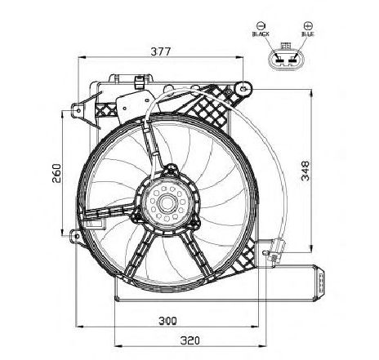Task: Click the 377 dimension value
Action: coord(161,51)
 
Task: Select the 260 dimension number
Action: coord(56,173)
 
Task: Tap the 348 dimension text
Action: coord(305,171)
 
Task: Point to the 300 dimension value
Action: coord(167,321)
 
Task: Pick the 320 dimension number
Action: coord(189,340)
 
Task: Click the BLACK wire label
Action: coord(261,34)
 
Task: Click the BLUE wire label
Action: coord(308,34)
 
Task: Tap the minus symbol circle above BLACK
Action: coord(261,26)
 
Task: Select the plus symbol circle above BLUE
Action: coord(308,26)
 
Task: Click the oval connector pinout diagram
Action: coord(284,60)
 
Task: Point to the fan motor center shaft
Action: coord(166,202)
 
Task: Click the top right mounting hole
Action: coord(243,88)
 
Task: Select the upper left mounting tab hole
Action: coord(78,110)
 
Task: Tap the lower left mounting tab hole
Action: coord(77,236)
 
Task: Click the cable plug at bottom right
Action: coord(277,250)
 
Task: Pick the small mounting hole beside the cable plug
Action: coord(265,253)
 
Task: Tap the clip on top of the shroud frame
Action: coord(139,82)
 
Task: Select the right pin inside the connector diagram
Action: coord(292,59)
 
